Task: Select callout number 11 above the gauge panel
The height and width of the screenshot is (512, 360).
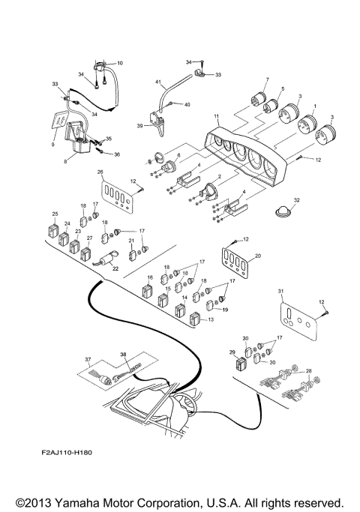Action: coord(217,118)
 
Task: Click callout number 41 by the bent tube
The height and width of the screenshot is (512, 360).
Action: coord(158,81)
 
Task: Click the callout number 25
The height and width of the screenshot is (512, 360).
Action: coord(54,215)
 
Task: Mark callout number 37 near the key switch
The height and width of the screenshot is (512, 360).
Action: coord(88,359)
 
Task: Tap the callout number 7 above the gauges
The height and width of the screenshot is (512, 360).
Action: coord(265,79)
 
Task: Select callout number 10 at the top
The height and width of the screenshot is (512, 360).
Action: coord(120,62)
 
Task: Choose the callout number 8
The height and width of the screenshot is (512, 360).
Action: coord(64,160)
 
